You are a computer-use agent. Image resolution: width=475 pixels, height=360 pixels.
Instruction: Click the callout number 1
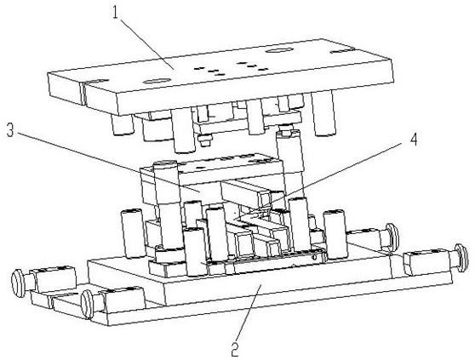click(115, 12)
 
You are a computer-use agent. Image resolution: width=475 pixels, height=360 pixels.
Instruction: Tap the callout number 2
click(235, 350)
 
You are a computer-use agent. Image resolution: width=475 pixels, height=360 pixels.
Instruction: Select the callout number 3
click(10, 130)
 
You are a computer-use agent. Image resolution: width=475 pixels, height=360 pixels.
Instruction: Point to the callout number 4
click(413, 140)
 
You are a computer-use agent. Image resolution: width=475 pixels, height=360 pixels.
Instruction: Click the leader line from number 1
click(146, 44)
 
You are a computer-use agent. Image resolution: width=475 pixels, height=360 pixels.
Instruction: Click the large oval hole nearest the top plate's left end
click(157, 81)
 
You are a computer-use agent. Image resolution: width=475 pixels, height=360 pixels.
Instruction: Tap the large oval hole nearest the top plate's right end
click(278, 50)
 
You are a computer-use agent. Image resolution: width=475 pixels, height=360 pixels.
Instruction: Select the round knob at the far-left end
click(17, 283)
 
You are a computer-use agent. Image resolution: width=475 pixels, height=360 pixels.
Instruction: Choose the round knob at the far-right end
click(461, 258)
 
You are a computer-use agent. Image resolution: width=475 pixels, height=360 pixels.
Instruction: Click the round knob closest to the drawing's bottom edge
click(87, 304)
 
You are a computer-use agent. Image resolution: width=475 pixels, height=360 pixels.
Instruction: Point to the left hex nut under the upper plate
click(205, 140)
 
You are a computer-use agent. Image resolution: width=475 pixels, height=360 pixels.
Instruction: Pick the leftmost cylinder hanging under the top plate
click(122, 124)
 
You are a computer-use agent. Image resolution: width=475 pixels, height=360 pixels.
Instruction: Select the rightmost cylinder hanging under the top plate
click(323, 112)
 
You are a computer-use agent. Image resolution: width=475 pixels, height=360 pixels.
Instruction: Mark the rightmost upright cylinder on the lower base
click(335, 234)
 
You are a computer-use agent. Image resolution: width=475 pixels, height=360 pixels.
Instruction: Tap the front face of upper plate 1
click(239, 91)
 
